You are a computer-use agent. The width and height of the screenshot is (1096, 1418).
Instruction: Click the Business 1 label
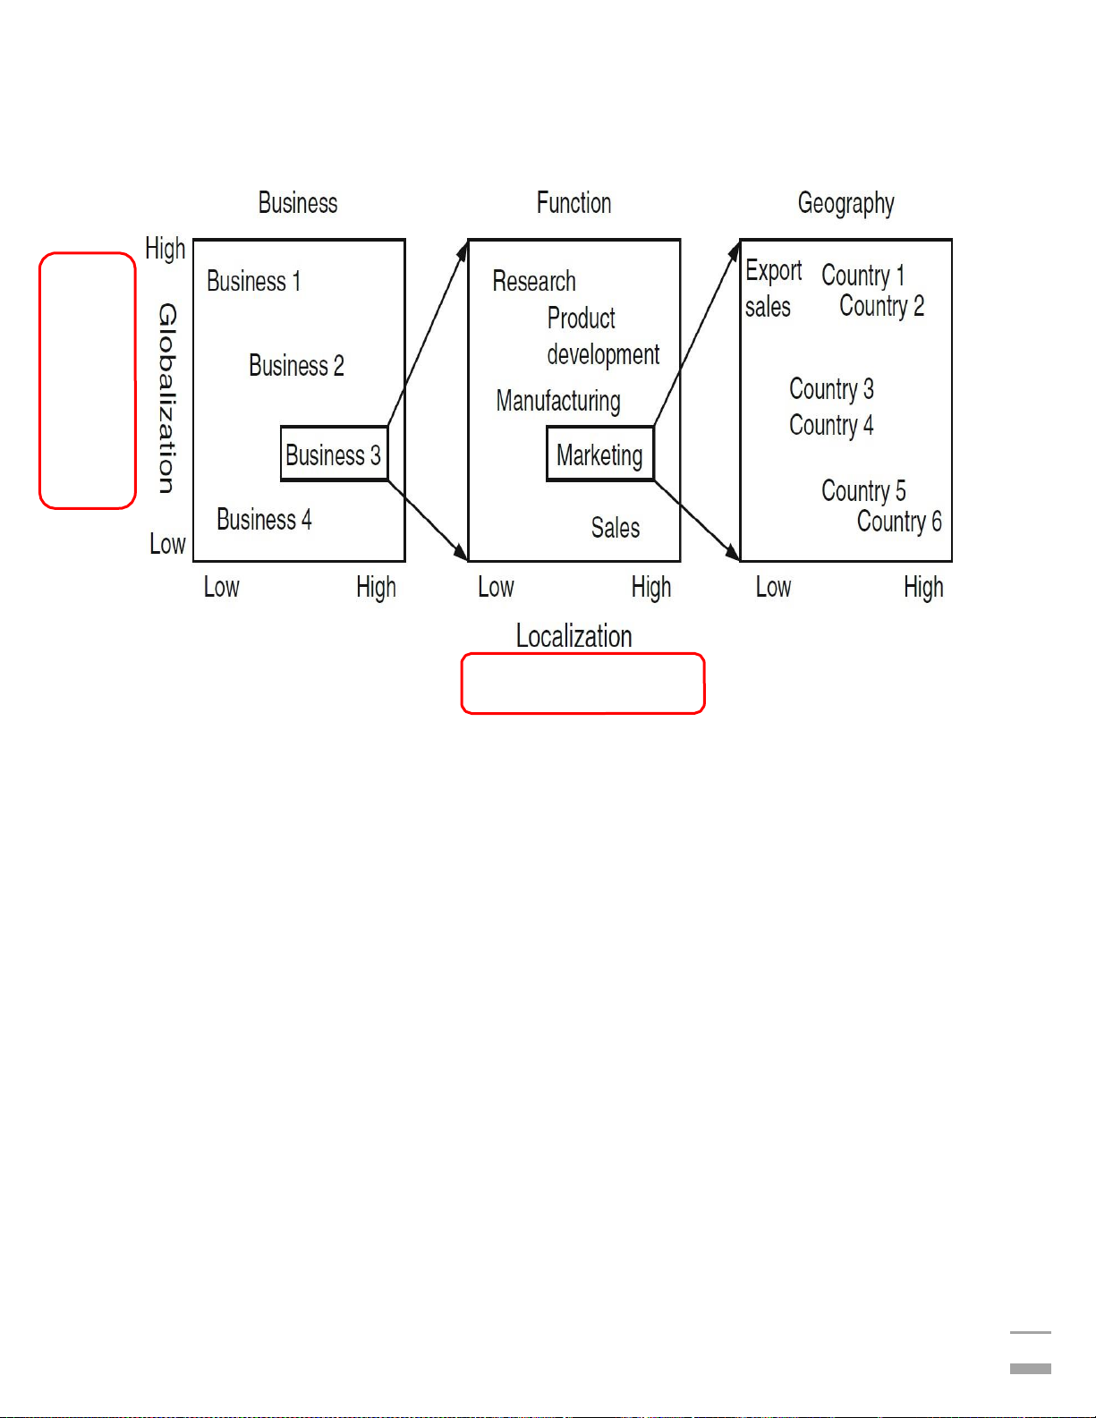pyautogui.click(x=253, y=281)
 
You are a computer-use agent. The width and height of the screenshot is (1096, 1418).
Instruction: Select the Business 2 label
pyautogui.click(x=296, y=366)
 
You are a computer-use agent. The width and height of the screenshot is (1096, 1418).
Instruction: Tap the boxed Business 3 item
pyautogui.click(x=334, y=454)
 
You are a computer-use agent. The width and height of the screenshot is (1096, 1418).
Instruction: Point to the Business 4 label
pyautogui.click(x=264, y=520)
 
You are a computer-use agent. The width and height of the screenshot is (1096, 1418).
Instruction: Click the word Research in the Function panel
pyautogui.click(x=534, y=281)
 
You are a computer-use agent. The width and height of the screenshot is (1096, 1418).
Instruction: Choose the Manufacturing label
pyautogui.click(x=558, y=401)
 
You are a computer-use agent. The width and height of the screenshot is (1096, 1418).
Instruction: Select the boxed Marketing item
pyautogui.click(x=599, y=454)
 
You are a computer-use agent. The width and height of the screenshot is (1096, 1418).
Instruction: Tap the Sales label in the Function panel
pyautogui.click(x=616, y=528)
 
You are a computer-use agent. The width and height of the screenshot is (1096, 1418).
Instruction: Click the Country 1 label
pyautogui.click(x=862, y=275)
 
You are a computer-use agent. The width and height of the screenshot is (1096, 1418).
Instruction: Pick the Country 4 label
pyautogui.click(x=831, y=425)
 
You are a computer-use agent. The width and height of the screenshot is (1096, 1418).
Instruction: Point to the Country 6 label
pyautogui.click(x=899, y=522)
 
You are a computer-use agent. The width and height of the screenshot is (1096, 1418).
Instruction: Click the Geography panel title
pyautogui.click(x=845, y=204)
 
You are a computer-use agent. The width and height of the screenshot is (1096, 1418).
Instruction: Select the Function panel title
pyautogui.click(x=573, y=203)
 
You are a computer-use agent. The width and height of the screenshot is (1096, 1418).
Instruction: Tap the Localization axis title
pyautogui.click(x=573, y=636)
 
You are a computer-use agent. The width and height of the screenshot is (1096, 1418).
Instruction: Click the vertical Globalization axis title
pyautogui.click(x=167, y=398)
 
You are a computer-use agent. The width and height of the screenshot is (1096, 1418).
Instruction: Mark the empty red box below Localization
pyautogui.click(x=582, y=684)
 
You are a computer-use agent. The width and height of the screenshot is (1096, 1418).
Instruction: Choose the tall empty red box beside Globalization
pyautogui.click(x=88, y=380)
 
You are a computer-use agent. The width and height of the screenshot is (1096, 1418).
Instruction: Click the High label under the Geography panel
pyautogui.click(x=923, y=588)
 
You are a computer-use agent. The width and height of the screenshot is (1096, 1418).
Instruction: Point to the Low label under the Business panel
pyautogui.click(x=221, y=588)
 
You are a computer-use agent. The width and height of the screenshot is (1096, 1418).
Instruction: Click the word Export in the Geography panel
pyautogui.click(x=773, y=270)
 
